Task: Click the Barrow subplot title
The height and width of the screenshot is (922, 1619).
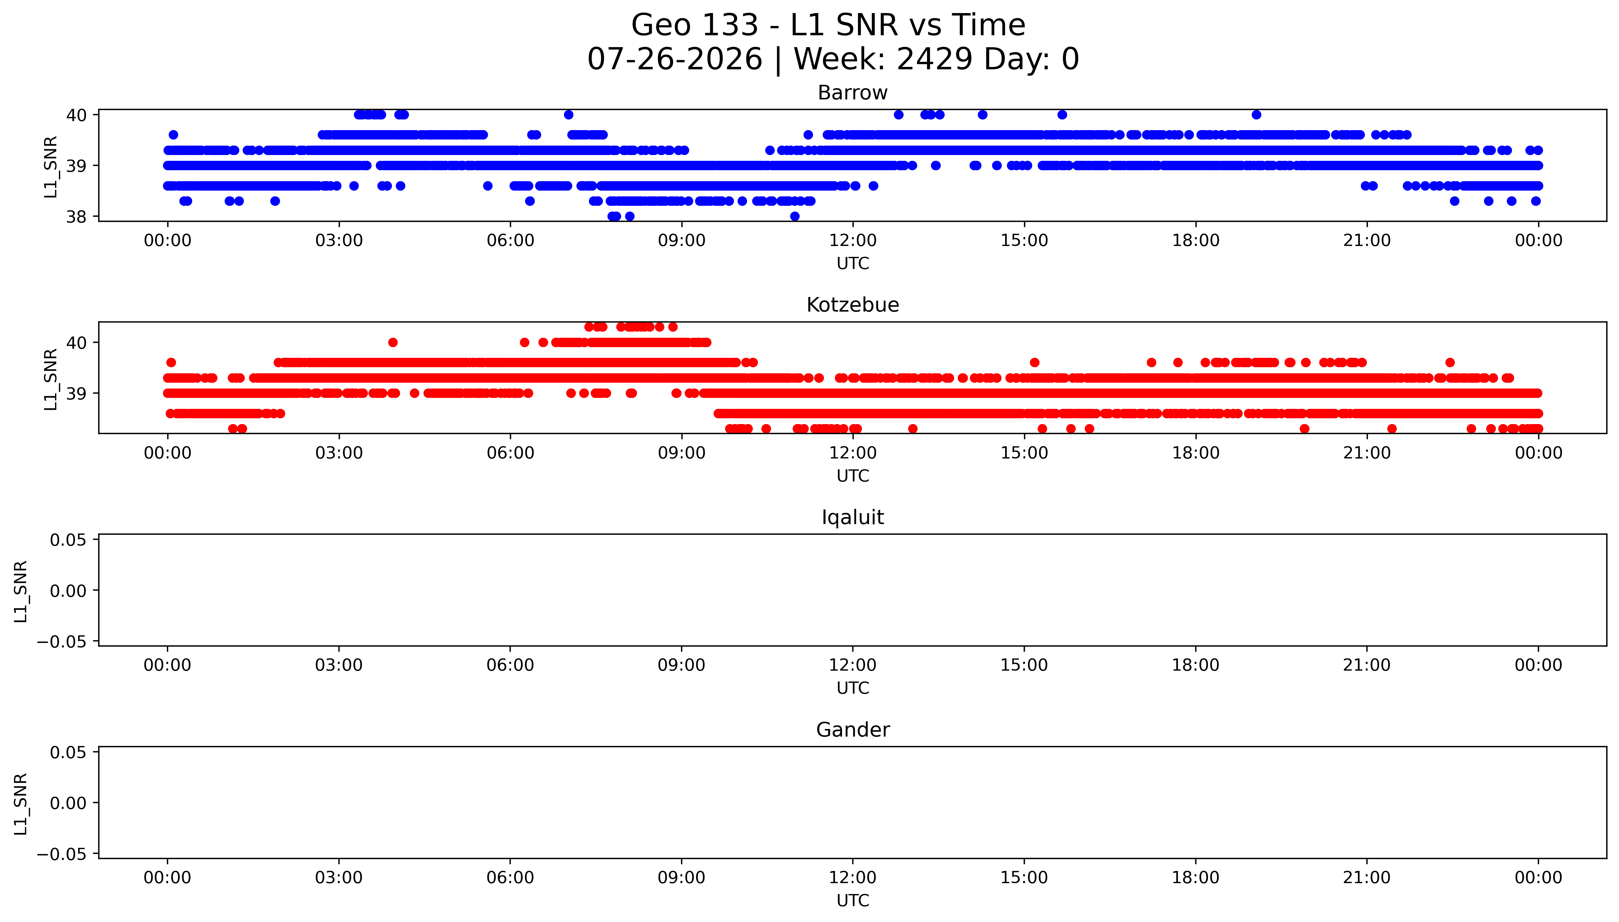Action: tap(852, 93)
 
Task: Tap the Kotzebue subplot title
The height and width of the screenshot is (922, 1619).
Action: tap(852, 305)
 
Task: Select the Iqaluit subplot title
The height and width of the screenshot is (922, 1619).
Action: tap(852, 517)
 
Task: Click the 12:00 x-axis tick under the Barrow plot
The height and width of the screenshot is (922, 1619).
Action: tap(853, 241)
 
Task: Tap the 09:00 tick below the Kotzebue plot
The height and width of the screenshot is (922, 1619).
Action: tap(681, 453)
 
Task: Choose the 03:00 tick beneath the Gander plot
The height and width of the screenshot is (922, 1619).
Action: tap(339, 878)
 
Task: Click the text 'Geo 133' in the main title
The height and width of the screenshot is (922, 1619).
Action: tap(695, 25)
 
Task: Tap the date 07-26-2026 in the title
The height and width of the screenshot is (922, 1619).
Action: tap(674, 60)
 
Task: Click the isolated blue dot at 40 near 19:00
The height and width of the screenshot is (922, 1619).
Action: tap(1256, 115)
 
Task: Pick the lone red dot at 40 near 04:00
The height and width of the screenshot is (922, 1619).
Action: tap(393, 343)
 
